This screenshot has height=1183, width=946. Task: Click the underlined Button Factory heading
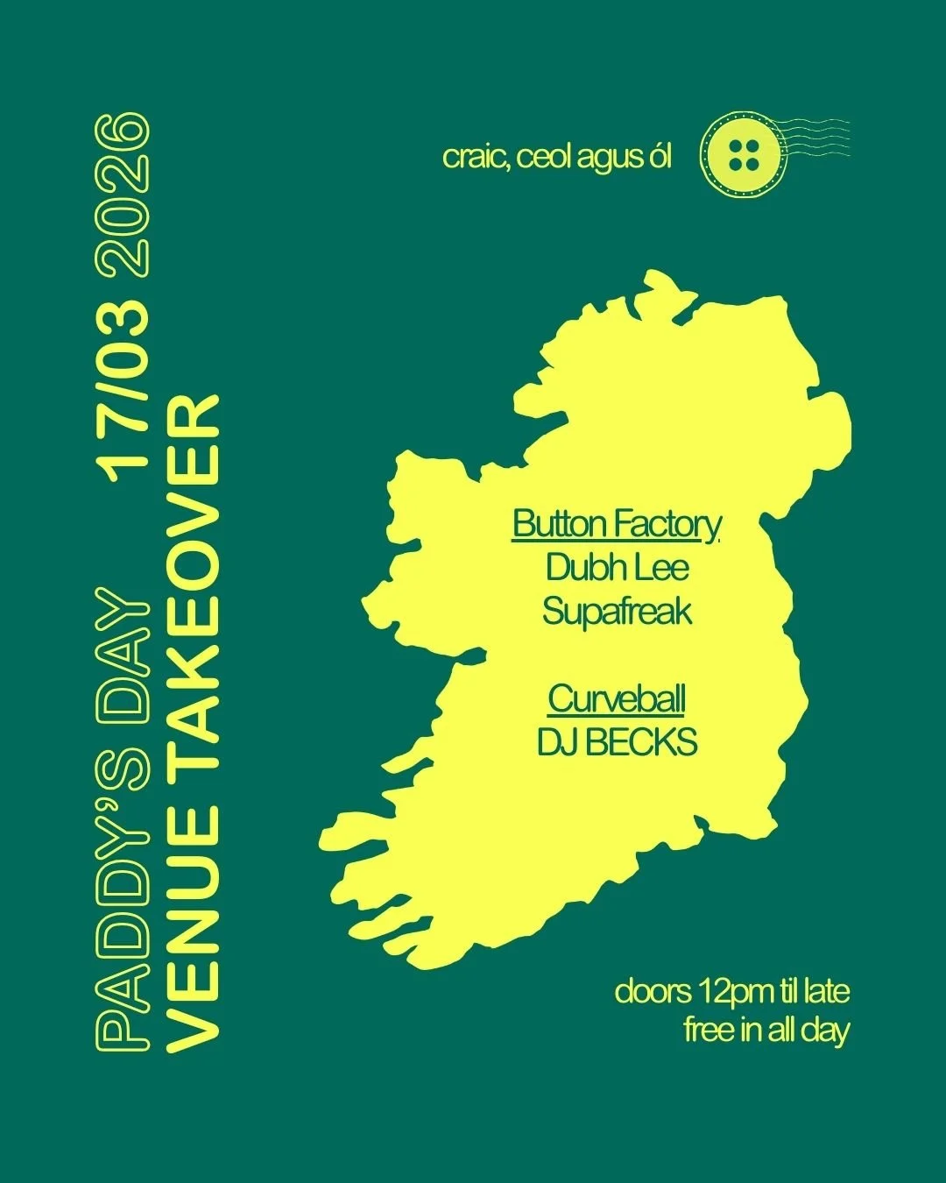(x=617, y=524)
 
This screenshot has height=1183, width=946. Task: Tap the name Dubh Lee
(x=617, y=567)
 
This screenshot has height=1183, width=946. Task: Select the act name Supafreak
(x=617, y=611)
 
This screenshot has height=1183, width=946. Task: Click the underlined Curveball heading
(x=617, y=699)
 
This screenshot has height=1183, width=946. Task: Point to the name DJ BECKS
(x=617, y=743)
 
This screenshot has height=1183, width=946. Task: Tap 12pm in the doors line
(x=735, y=993)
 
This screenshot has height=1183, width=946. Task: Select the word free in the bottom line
(x=709, y=1030)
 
